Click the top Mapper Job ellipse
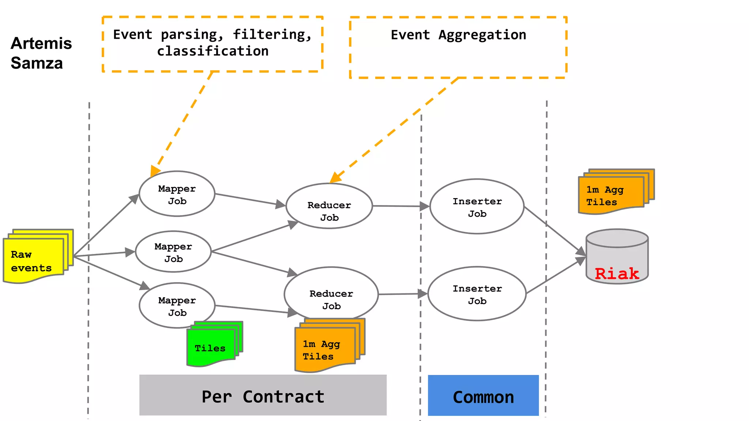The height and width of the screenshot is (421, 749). (177, 194)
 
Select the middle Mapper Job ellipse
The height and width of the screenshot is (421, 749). (173, 252)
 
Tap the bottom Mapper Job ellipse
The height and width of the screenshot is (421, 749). (177, 306)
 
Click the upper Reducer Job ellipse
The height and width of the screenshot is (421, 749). (329, 206)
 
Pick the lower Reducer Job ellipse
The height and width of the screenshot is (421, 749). (331, 294)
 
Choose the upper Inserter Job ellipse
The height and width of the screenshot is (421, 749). (477, 206)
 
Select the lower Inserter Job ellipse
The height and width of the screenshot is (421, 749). (477, 294)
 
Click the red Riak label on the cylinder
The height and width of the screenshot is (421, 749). (617, 274)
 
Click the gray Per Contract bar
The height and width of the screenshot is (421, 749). (263, 395)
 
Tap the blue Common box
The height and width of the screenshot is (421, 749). (483, 396)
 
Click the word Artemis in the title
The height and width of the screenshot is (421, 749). (41, 43)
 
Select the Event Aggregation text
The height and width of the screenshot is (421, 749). (458, 35)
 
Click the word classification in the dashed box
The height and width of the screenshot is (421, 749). (213, 51)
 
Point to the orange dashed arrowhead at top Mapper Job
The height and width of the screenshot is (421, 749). (155, 171)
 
